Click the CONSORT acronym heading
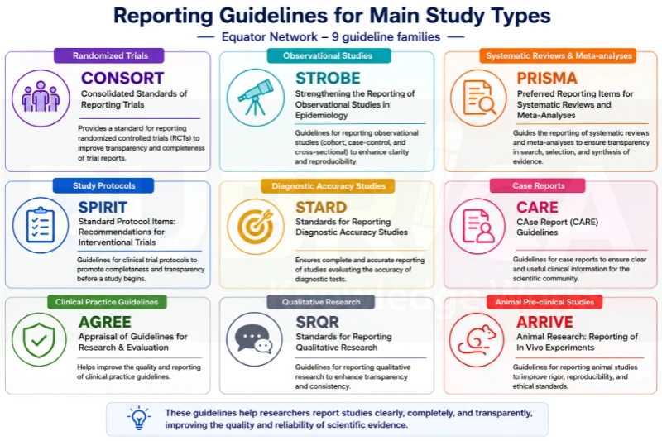(122, 78)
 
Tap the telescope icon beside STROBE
(256, 98)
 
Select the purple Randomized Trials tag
(109, 55)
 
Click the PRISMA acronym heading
(547, 78)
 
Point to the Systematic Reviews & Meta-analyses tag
(558, 55)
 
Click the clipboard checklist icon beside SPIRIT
(41, 225)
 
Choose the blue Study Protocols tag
(103, 185)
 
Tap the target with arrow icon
(256, 226)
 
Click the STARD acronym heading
(321, 207)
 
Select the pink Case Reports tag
(538, 185)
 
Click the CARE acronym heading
(537, 207)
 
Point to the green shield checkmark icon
(39, 340)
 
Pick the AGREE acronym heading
(105, 322)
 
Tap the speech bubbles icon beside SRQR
(254, 340)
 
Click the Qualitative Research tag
(321, 302)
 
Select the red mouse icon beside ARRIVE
(477, 340)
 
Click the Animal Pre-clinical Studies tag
(544, 302)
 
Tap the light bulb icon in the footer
(139, 418)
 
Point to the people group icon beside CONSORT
(41, 98)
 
